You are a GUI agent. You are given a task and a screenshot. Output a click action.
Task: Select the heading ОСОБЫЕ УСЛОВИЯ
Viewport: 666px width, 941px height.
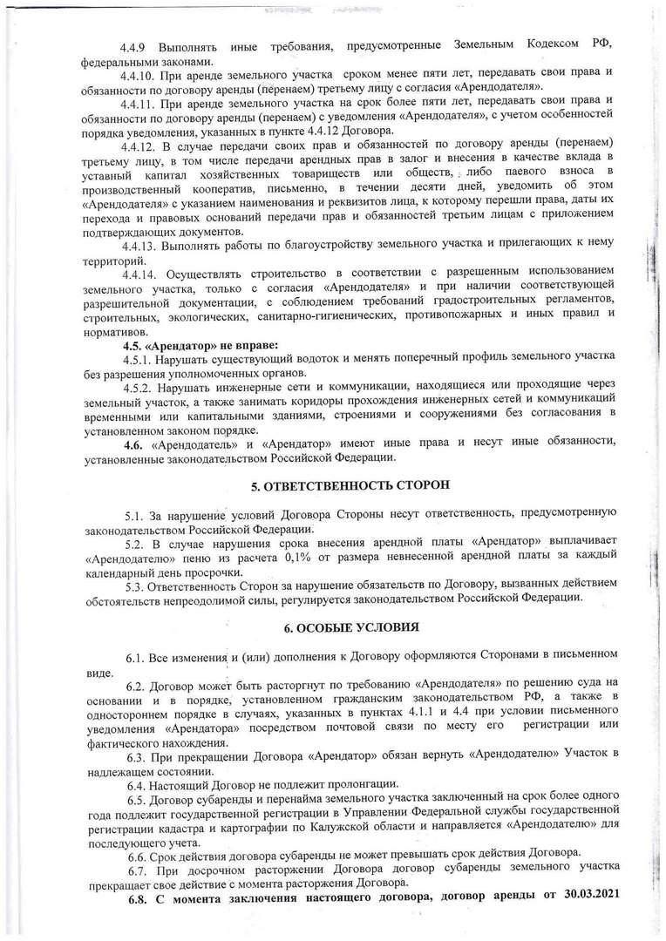point(357,626)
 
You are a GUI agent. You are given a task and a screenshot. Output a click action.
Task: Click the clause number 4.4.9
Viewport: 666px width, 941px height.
point(139,44)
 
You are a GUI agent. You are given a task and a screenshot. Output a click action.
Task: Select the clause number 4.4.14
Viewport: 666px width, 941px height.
point(141,275)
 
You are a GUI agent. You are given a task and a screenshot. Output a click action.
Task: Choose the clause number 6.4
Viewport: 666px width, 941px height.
point(135,782)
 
